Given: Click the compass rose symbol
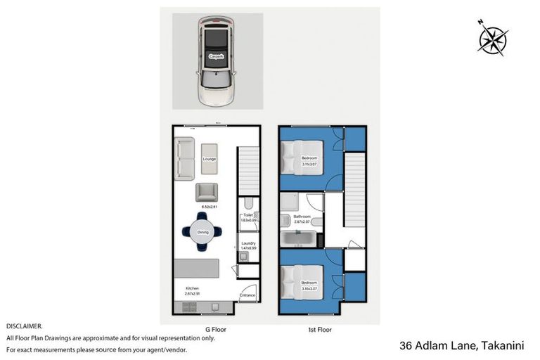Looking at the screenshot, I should tap(493, 37).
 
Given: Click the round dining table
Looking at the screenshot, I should tap(202, 232).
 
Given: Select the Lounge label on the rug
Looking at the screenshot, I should tap(209, 159).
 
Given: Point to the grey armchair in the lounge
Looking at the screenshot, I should tap(207, 192).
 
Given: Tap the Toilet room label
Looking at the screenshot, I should tap(247, 217).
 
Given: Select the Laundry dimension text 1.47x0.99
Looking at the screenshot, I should tap(247, 247).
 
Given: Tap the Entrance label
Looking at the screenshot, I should tap(247, 295).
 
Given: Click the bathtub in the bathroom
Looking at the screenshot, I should tap(298, 239).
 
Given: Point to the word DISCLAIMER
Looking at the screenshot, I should tap(25, 326).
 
